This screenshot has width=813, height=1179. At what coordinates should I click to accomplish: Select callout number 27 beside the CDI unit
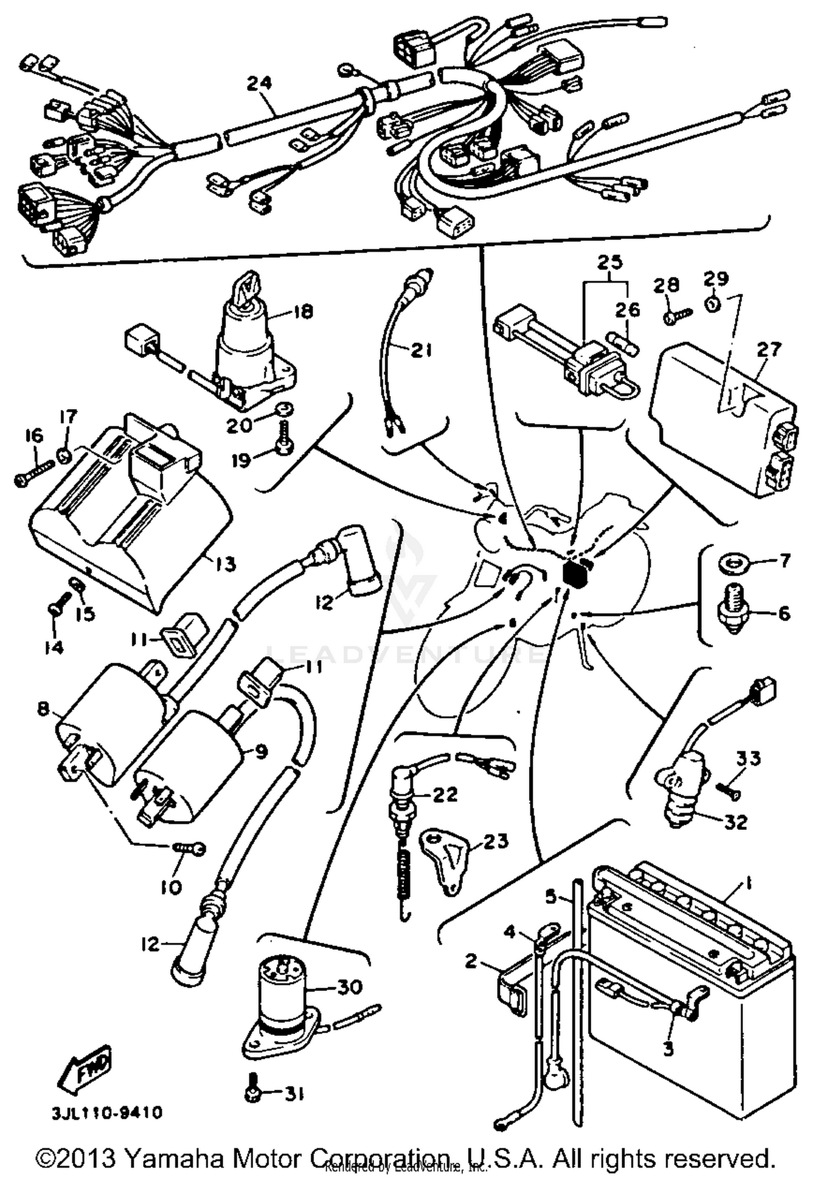[770, 349]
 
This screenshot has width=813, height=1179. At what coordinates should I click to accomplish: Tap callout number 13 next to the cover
[224, 564]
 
